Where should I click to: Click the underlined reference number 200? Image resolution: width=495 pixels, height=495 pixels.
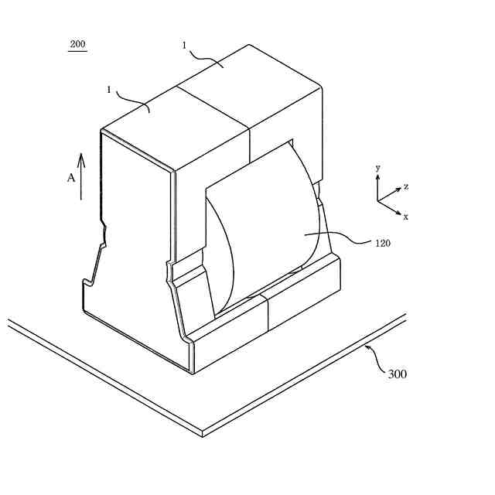point(77,44)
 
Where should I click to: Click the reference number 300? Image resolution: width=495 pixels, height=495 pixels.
point(397,374)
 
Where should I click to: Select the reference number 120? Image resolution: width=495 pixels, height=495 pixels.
point(382,243)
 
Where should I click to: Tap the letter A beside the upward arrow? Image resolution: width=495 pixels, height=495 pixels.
point(70,178)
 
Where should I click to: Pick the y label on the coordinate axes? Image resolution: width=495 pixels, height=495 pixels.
point(377,168)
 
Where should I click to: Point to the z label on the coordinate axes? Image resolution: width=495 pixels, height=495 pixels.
point(406,187)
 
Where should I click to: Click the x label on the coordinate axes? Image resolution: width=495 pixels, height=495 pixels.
point(405,217)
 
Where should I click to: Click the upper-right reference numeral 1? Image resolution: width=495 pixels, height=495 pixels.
point(184,46)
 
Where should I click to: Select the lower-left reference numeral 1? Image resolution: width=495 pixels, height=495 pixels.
point(109,90)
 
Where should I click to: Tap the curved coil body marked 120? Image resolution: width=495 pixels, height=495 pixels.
point(263,224)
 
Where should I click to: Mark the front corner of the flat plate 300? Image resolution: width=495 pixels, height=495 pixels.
point(203,433)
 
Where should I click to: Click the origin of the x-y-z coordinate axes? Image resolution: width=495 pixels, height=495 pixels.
point(378,201)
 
